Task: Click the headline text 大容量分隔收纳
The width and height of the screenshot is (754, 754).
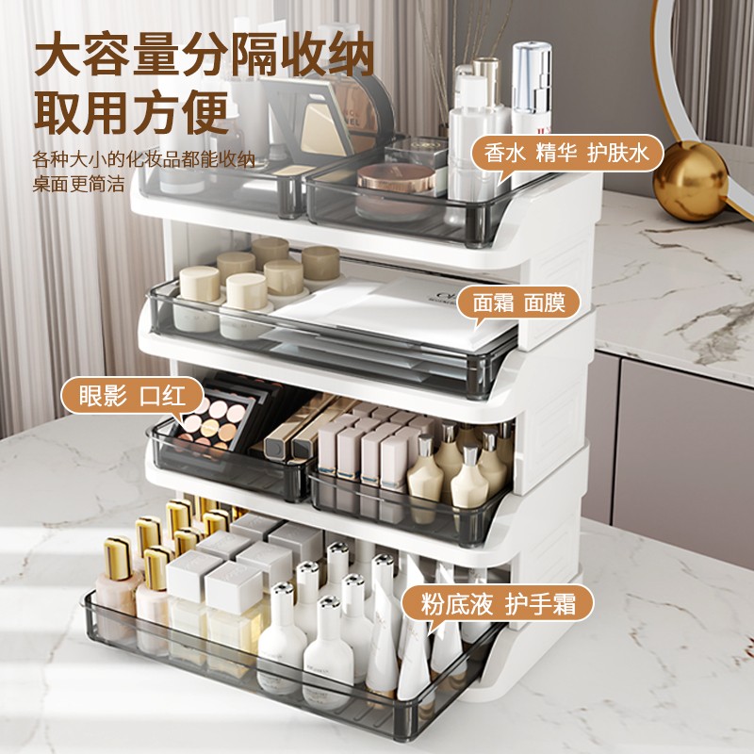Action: click(x=204, y=57)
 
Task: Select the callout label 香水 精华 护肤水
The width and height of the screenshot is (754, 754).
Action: click(x=567, y=153)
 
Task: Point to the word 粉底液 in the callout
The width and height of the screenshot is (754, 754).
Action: click(x=451, y=600)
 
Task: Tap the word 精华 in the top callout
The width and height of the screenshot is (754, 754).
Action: click(x=564, y=153)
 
